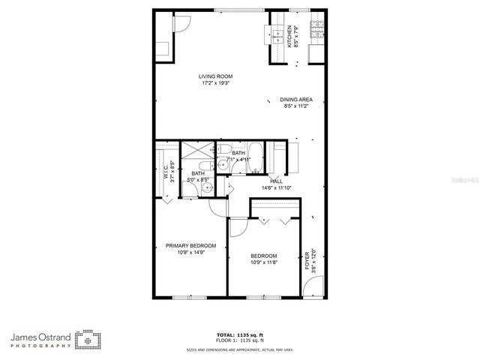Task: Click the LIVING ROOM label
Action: [x=215, y=76]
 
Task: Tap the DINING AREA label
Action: [x=297, y=100]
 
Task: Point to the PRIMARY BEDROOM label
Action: [x=190, y=246]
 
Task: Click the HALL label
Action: [x=276, y=181]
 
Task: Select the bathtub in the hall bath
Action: [x=254, y=157]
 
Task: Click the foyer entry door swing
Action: [x=315, y=286]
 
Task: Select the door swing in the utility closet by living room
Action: [x=180, y=23]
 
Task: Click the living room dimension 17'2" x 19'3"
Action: [x=215, y=83]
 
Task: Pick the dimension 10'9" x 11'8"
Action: [x=264, y=262]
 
